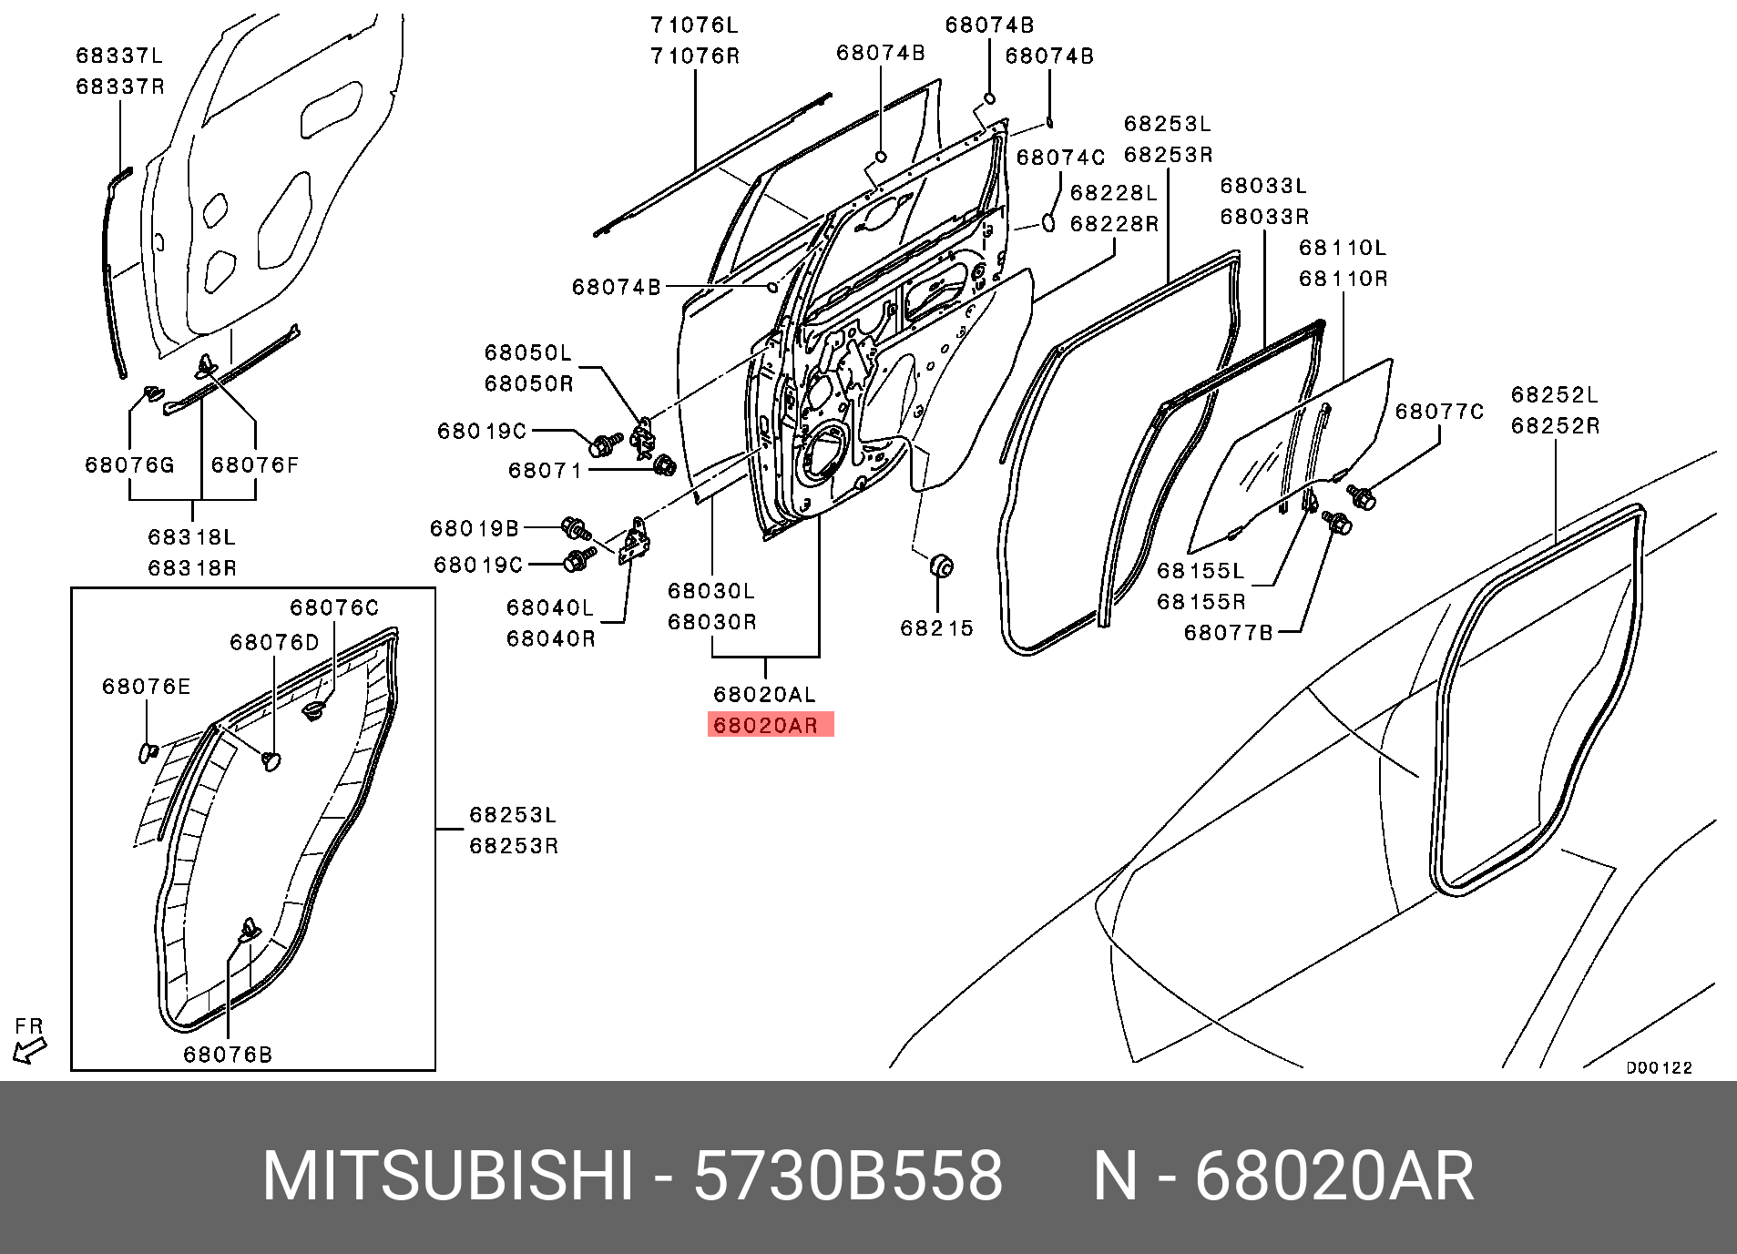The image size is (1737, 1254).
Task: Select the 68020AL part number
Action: click(x=765, y=695)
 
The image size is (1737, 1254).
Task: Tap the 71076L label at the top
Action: click(x=694, y=25)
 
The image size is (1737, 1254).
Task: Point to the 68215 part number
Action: click(x=936, y=628)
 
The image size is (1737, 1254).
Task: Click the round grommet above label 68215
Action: click(x=942, y=566)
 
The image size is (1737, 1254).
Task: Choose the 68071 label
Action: click(x=545, y=471)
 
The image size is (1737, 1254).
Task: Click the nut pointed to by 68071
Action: click(x=666, y=465)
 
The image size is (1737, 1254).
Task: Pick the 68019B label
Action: click(x=475, y=528)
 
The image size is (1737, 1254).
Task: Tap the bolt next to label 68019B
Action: click(x=577, y=527)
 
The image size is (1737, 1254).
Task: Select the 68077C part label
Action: click(x=1440, y=412)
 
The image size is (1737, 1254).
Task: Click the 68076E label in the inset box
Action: click(x=147, y=687)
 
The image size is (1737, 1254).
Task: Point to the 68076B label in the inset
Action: click(x=228, y=1055)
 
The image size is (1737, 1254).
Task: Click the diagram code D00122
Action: click(x=1659, y=1067)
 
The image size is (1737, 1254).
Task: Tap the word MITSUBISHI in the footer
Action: click(x=447, y=1177)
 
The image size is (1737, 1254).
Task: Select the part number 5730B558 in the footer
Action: click(x=848, y=1177)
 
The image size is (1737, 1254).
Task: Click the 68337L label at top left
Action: click(x=119, y=56)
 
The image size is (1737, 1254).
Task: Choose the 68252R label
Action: click(x=1555, y=426)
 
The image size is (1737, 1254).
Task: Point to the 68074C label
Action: click(x=1060, y=158)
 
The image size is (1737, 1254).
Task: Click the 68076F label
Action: click(x=255, y=465)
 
